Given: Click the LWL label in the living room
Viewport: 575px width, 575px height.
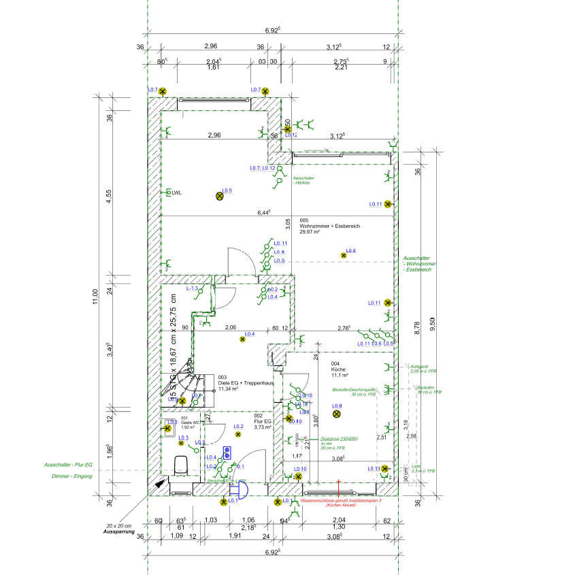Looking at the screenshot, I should pos(176,193).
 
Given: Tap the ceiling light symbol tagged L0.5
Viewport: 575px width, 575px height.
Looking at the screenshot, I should pos(220,196).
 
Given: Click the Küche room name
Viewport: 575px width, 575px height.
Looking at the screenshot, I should pos(339,369).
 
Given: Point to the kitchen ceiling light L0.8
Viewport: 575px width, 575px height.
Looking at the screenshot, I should pos(336,414).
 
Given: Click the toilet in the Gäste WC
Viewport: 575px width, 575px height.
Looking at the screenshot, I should pos(181,467).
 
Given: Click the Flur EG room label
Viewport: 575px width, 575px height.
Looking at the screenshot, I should pos(263,421).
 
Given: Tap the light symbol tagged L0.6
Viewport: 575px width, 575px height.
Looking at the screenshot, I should pos(343,255).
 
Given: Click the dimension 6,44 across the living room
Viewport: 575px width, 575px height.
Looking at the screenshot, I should pos(264,212).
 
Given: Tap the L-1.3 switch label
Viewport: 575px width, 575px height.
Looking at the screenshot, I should pos(192,289).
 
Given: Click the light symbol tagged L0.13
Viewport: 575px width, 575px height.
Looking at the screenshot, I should pos(384,468).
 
